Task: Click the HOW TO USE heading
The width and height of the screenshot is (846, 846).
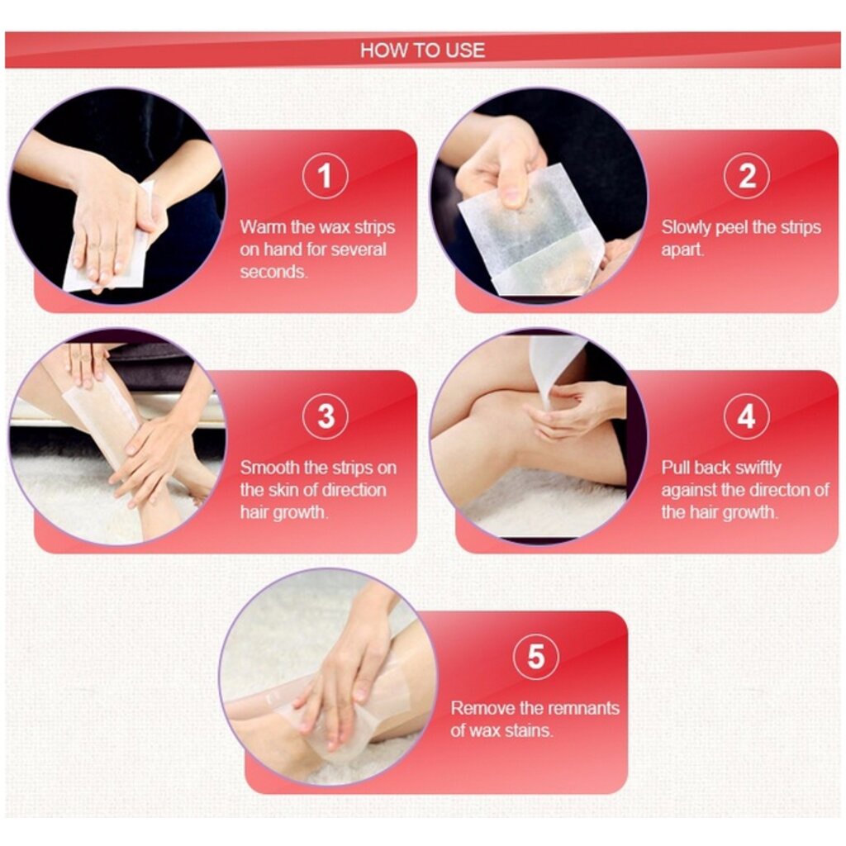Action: point(422,50)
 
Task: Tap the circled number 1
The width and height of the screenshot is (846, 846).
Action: point(326,176)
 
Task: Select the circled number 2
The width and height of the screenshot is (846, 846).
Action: point(747,176)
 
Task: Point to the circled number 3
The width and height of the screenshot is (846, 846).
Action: point(326,416)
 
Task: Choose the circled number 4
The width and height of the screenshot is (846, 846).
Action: point(747,416)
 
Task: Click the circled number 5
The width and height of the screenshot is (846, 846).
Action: point(535,657)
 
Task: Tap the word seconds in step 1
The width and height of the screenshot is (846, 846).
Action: point(273,271)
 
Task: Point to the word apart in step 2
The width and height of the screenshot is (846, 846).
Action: point(682,250)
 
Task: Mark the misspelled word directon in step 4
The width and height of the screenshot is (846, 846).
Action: point(780,490)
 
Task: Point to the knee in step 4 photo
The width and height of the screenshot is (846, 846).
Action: point(486,426)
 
